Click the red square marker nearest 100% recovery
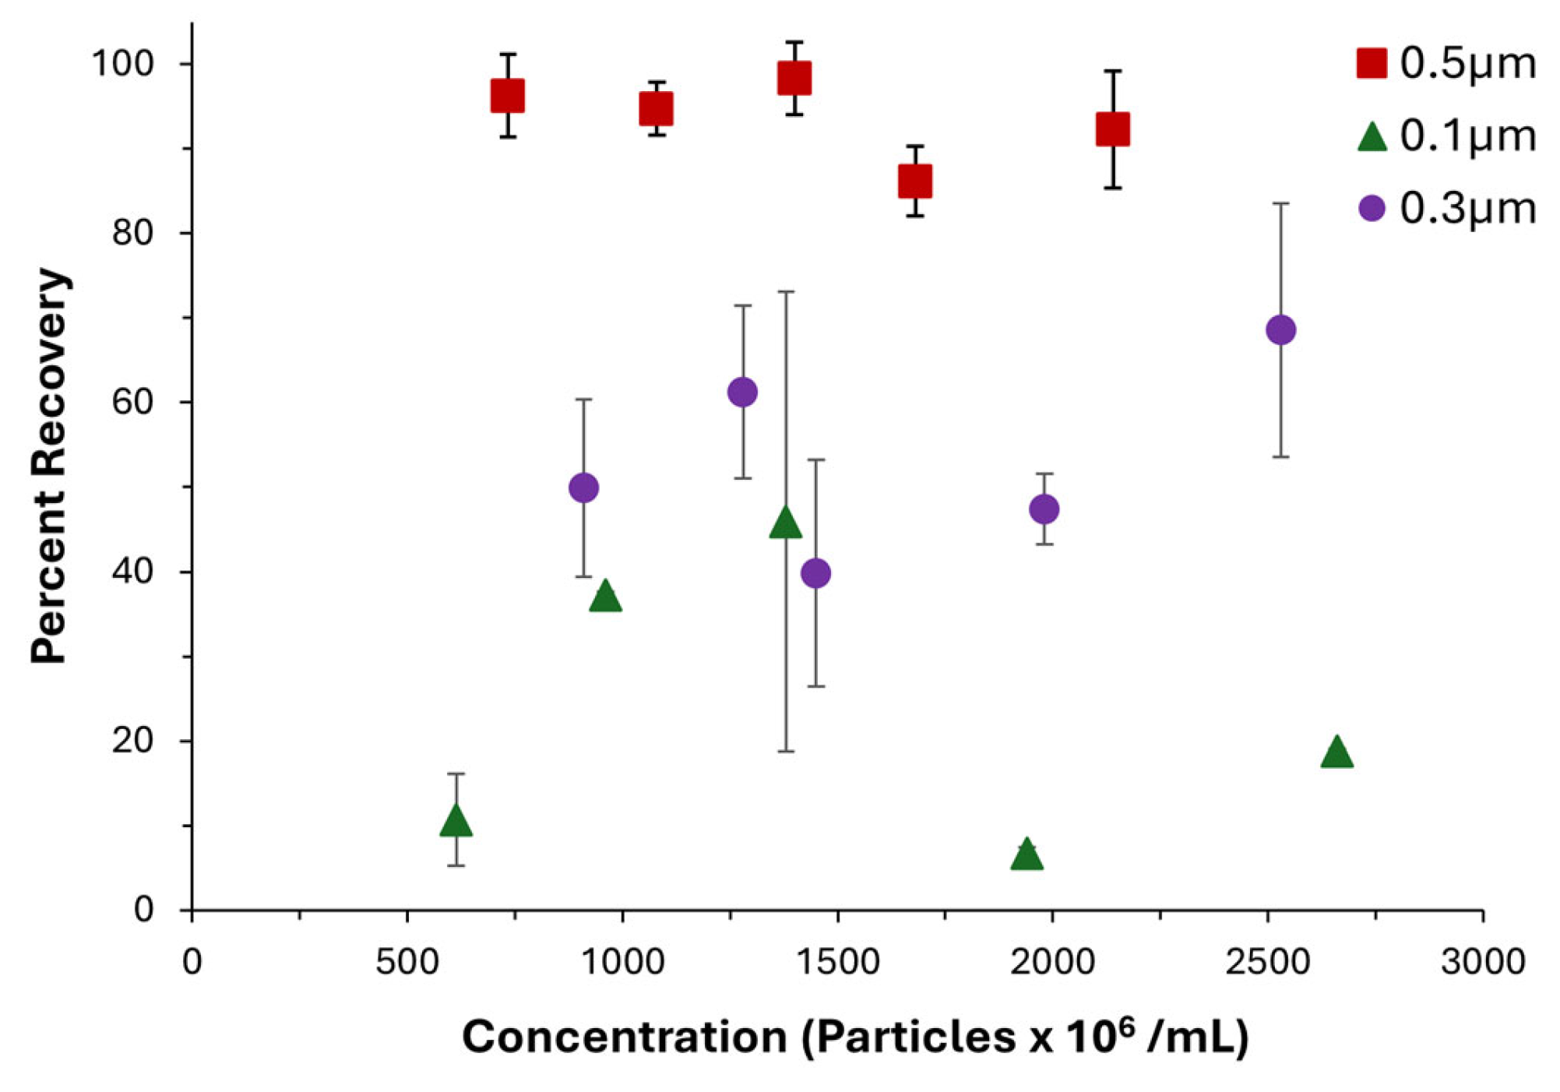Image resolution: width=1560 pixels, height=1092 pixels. point(794,78)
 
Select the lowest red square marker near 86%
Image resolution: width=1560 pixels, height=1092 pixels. point(914,181)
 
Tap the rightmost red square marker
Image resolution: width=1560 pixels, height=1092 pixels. point(1112,129)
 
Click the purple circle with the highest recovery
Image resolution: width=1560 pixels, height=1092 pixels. point(1280,329)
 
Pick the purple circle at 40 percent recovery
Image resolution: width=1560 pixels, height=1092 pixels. point(815,573)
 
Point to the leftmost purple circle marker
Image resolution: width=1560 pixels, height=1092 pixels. point(583,488)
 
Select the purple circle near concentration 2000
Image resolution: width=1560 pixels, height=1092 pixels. point(1044,509)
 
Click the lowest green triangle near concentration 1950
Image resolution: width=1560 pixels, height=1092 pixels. point(1027,855)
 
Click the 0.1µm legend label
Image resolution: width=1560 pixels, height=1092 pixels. point(1467,136)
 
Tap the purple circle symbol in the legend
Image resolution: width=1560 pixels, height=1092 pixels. point(1372,209)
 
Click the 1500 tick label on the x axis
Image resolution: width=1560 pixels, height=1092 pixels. point(838,963)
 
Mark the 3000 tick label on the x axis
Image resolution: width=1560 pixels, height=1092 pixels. point(1482,963)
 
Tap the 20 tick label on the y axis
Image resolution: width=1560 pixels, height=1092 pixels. point(132,740)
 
